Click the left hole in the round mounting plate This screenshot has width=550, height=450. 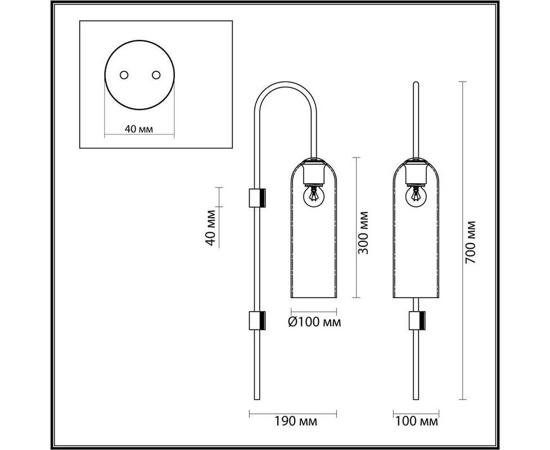(x=124, y=75)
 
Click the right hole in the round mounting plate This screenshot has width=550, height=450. (x=156, y=75)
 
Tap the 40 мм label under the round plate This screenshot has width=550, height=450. (x=139, y=129)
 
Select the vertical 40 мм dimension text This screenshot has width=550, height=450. (x=210, y=228)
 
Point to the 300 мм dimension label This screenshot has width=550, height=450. (x=363, y=232)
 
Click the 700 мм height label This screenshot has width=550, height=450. (x=470, y=242)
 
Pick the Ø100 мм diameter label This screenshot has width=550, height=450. (x=314, y=322)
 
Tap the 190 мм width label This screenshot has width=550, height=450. (x=295, y=421)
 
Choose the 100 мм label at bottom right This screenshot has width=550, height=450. (x=417, y=421)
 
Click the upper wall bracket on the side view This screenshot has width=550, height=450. (x=257, y=198)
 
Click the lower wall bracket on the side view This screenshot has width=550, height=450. (x=257, y=321)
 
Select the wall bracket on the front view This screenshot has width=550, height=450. (x=417, y=321)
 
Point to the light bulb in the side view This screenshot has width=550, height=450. (x=313, y=196)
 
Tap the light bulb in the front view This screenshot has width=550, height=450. (x=416, y=196)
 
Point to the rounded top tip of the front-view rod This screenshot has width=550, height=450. (x=416, y=83)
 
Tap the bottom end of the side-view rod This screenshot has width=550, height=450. (x=257, y=399)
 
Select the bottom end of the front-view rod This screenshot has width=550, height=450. (x=416, y=399)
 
